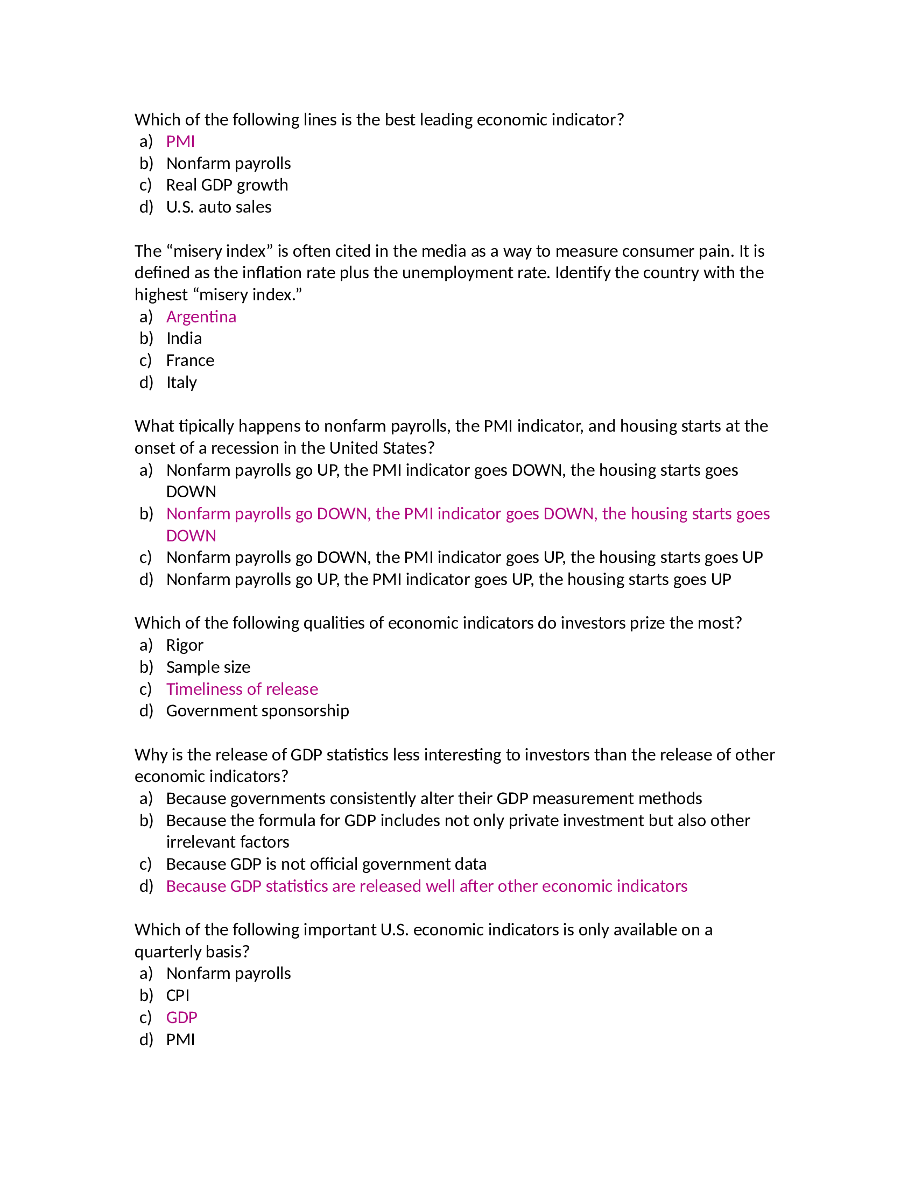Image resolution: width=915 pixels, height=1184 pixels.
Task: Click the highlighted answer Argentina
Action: coord(201,316)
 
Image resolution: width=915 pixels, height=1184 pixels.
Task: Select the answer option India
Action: coord(184,339)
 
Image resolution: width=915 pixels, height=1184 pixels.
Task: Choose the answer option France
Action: coord(189,361)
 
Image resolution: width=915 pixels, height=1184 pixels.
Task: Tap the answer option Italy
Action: coord(181,383)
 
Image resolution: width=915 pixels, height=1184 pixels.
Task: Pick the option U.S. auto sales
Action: coord(219,207)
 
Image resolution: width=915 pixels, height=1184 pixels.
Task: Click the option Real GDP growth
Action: coord(227,185)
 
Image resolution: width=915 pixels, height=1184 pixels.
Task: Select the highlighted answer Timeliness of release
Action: coord(242,689)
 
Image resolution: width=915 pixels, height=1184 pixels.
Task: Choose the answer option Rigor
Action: coord(184,645)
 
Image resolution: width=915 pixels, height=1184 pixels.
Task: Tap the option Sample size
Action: coord(208,667)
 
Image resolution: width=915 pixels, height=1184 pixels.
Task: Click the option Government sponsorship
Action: coord(257,711)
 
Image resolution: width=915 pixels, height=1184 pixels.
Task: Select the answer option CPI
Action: coord(178,995)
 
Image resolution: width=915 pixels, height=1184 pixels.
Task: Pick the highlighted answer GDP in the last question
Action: coord(181,1018)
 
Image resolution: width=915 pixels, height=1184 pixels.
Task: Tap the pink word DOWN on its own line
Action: coord(191,535)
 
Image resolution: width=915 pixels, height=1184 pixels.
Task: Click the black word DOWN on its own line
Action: coord(191,492)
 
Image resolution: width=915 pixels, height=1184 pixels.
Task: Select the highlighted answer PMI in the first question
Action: coord(180,142)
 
